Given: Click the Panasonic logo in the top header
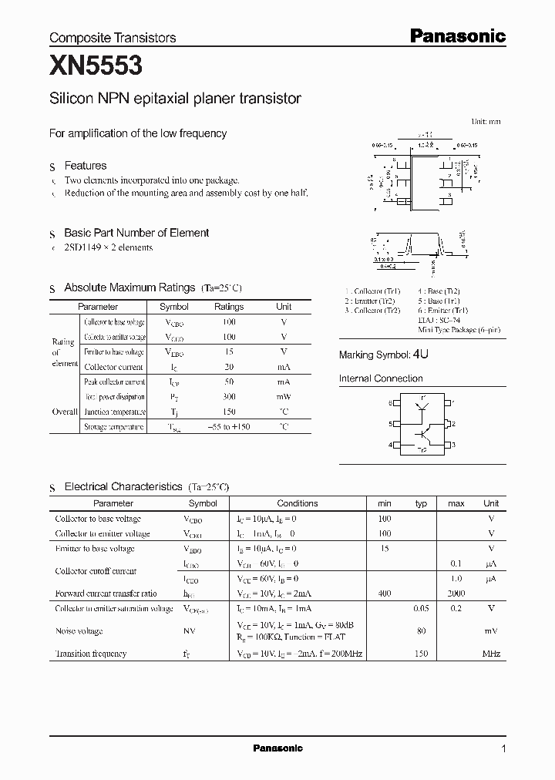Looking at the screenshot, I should pos(456,35).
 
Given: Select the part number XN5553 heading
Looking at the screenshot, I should pos(96,67).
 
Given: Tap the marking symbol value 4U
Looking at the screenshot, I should pos(420,355).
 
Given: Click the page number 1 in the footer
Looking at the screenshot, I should pos(503,748).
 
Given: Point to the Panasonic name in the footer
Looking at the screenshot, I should pos(277,748).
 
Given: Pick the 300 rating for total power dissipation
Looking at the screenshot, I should pos(229,397).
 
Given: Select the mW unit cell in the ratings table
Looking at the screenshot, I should pos(284,397).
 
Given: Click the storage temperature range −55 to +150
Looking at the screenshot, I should pos(229,426).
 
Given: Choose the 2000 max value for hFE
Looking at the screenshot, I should pos(456,593).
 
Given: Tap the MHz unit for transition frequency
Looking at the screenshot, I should pos(491,654).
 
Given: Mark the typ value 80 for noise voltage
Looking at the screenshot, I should pos(421,631).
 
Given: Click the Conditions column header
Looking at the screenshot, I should pos(297,503).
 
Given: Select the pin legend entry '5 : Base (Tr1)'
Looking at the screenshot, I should pos(442,301).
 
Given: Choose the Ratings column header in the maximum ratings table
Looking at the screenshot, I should pos(229,307).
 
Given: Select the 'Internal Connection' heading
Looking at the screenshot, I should pos(381,378).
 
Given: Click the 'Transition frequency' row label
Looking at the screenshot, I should pos(91,654).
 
